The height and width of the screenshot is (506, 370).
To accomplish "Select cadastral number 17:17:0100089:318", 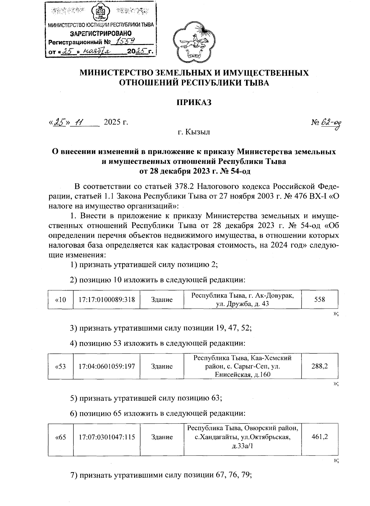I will [x=107, y=299].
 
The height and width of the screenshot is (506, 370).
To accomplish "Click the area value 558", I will [x=319, y=299].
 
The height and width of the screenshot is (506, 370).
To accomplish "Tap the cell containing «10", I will [x=60, y=299].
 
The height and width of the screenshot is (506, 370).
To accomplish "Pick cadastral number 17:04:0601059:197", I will [x=107, y=366].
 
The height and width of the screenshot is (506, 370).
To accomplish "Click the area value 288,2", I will [x=319, y=366].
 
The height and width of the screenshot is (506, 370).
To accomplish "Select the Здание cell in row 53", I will [x=162, y=366].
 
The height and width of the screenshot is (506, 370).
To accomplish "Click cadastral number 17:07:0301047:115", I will [x=107, y=437].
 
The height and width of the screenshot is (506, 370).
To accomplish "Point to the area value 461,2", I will [x=319, y=437].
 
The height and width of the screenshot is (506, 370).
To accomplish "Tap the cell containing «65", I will [x=60, y=437].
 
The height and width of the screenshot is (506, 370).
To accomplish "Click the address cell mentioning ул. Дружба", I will [x=242, y=300].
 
